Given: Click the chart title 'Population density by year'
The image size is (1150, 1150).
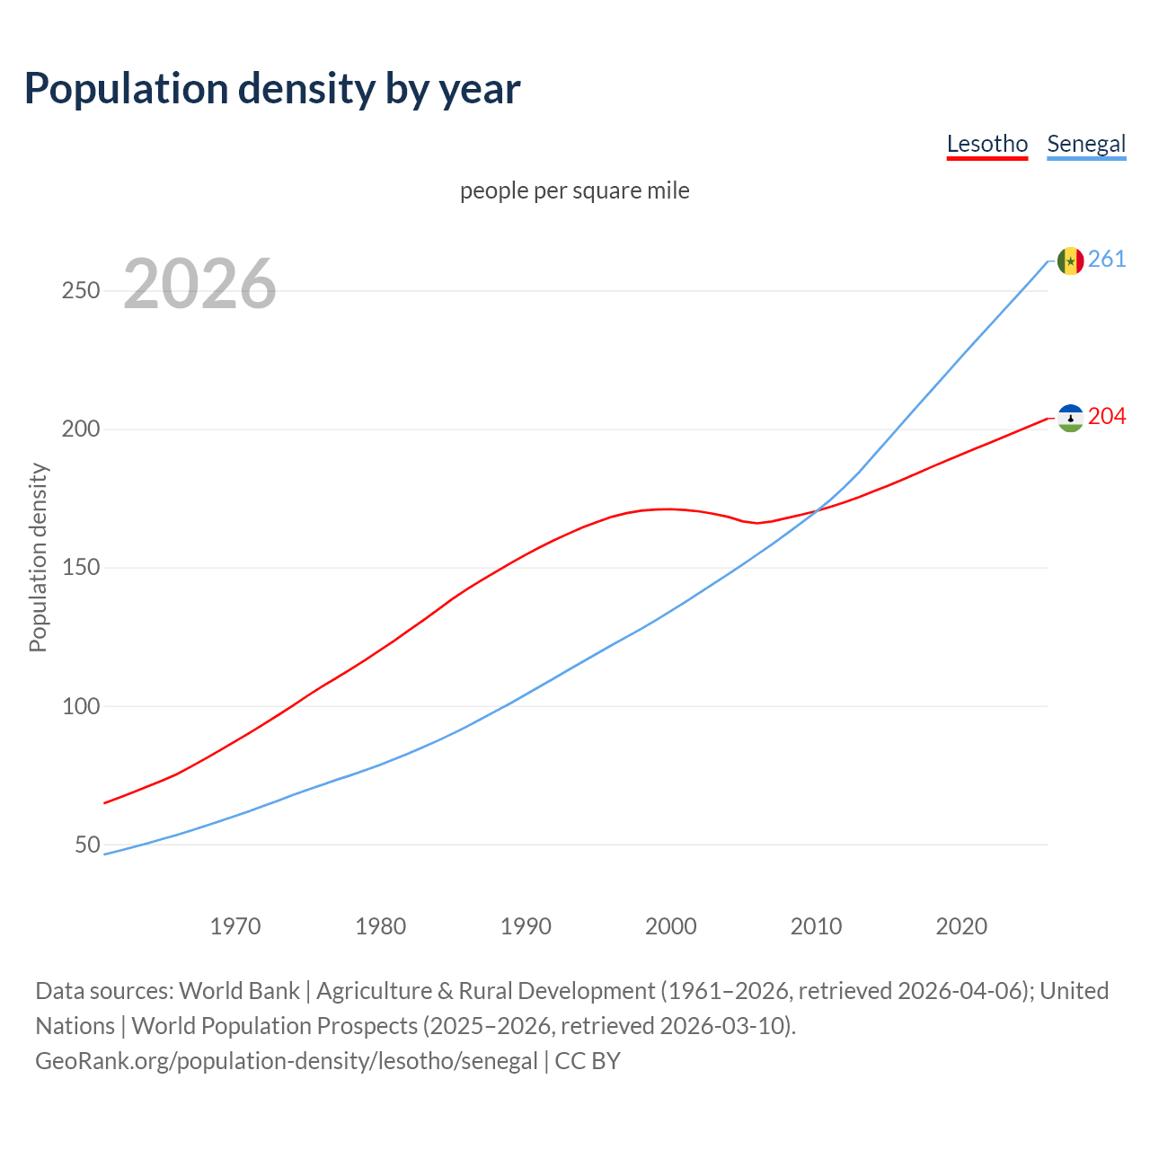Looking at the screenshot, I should pos(272,88).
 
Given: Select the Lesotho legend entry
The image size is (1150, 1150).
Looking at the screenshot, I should pos(986,144).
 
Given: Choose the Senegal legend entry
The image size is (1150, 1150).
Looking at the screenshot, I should pos(1086,144).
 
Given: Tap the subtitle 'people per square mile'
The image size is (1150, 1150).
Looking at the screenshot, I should pos(574,190).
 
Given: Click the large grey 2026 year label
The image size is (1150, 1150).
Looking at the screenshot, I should pos(199,284).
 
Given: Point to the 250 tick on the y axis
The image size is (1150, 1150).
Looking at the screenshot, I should pos(80,291).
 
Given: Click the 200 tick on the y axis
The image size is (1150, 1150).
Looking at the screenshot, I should pos(80,429).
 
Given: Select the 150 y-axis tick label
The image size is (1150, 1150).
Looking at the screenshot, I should pos(80,568).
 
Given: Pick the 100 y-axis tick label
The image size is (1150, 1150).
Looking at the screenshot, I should pos(80,706).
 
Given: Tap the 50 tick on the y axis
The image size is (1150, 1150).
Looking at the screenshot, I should pos(87,845).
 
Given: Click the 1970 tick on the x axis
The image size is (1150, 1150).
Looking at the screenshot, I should pos(235,926).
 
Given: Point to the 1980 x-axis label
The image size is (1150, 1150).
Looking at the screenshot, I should pos(381,926).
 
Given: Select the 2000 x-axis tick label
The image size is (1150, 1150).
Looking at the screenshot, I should pos(671,926).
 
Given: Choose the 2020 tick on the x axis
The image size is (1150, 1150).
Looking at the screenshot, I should pos(961,926).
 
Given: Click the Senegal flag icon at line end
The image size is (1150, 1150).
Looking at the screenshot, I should pos(1070,261).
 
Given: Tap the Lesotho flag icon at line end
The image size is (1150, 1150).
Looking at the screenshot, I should pos(1070,418).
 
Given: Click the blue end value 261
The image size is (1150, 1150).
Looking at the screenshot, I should pos(1107,260).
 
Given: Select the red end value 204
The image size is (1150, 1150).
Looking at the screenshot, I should pos(1107,417).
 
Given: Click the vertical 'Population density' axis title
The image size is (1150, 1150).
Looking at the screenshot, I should pos(38,557).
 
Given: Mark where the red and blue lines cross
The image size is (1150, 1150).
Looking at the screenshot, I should pos(816,512).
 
